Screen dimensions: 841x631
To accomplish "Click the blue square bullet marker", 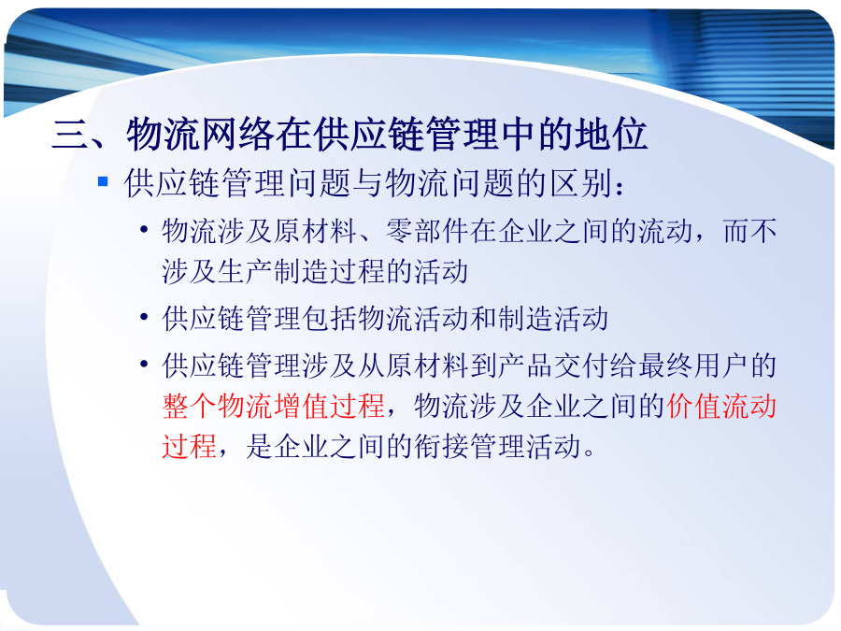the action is pos(103,182).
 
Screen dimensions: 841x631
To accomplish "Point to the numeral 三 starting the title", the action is pos(70,134).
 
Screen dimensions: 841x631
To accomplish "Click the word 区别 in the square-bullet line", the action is pos(581,183).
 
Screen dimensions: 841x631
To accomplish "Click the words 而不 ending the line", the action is pos(749,231).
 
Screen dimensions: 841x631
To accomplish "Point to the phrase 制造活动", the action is pos(552,319).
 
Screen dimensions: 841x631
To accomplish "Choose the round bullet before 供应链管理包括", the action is pos(144,317).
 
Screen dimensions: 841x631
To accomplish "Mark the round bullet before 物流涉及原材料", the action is pos(144,230).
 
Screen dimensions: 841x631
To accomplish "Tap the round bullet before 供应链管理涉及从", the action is pos(144,365).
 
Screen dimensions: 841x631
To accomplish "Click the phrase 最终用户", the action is pos(693,366).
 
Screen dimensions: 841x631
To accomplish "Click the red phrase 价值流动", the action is pos(722,407).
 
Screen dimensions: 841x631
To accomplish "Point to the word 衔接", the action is pos(441,447).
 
